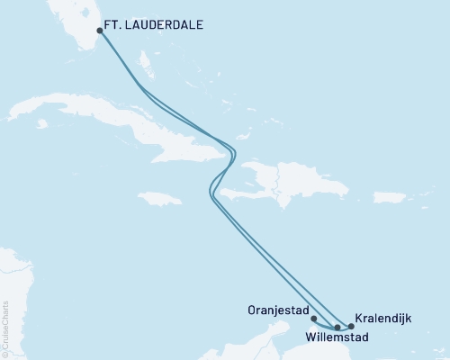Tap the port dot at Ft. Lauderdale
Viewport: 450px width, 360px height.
(100, 30)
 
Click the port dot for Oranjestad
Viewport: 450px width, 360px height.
(313, 317)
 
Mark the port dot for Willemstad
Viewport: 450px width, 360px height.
(337, 328)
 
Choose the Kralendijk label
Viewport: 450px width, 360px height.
(386, 318)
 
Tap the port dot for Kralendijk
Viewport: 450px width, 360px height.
(351, 327)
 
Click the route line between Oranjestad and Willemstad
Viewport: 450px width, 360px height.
(323, 325)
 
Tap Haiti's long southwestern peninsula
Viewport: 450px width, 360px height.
(236, 192)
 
